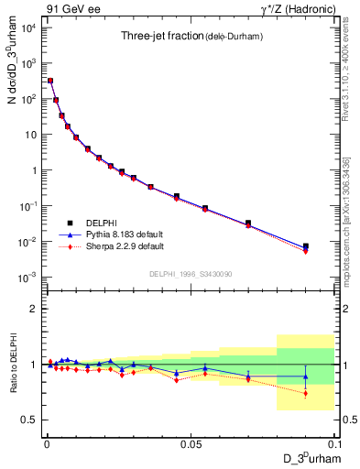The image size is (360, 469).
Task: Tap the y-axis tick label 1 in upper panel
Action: pos(36,170)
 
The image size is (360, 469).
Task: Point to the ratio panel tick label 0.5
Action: pos(30,420)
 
